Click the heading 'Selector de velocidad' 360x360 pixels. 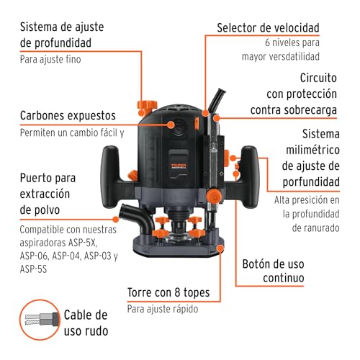coord(269,28)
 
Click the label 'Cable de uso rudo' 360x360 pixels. coord(86,323)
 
